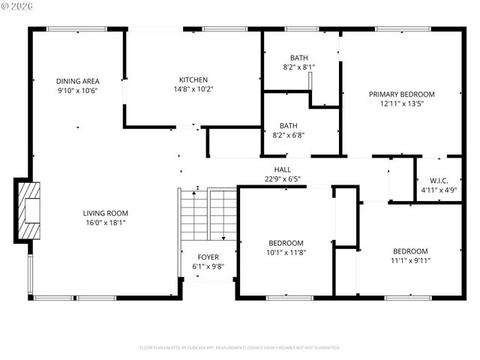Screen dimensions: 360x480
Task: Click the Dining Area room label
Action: tap(77, 81)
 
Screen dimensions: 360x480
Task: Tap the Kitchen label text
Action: tap(193, 79)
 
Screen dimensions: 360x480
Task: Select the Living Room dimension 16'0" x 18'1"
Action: tap(104, 222)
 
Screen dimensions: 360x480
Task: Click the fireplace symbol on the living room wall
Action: tap(28, 210)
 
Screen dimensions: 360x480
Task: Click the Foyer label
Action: tap(208, 257)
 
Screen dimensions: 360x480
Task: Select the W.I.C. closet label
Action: tap(439, 180)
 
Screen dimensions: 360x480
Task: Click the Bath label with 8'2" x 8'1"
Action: tap(299, 58)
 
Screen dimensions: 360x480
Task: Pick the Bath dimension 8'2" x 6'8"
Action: tap(299, 136)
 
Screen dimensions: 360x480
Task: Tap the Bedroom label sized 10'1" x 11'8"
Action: tap(286, 243)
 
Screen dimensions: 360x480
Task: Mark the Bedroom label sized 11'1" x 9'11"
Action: tap(410, 251)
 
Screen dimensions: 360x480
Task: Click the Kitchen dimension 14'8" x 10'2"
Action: tap(193, 89)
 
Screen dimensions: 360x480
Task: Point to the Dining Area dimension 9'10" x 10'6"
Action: tap(77, 91)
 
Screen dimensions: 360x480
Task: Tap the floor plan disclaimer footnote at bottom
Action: tap(240, 348)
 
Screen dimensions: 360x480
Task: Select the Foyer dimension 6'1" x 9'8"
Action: tap(208, 266)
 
